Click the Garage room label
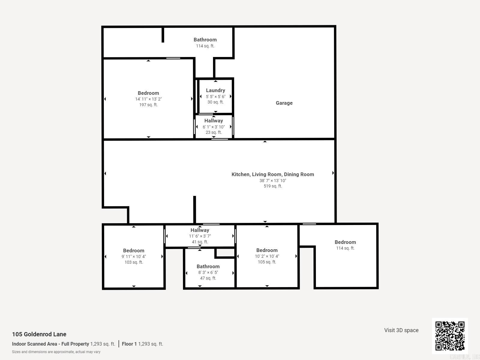click(x=284, y=103)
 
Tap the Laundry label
click(x=215, y=90)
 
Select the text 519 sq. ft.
click(x=273, y=186)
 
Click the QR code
click(x=450, y=336)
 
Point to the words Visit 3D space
click(x=401, y=330)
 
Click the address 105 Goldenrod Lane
click(x=39, y=334)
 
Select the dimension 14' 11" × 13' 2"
click(x=148, y=99)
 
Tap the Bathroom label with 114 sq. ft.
click(x=205, y=40)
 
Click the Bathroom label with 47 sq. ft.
click(x=208, y=266)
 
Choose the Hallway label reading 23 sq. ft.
click(x=214, y=121)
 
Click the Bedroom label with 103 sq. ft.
click(x=133, y=250)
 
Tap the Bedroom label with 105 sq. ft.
click(x=267, y=250)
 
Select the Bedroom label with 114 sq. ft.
click(x=345, y=242)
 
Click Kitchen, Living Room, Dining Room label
click(x=273, y=174)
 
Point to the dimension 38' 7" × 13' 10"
click(x=273, y=181)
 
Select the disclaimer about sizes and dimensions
click(x=56, y=352)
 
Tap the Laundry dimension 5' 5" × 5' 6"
click(x=215, y=97)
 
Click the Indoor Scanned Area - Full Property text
click(x=50, y=344)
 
